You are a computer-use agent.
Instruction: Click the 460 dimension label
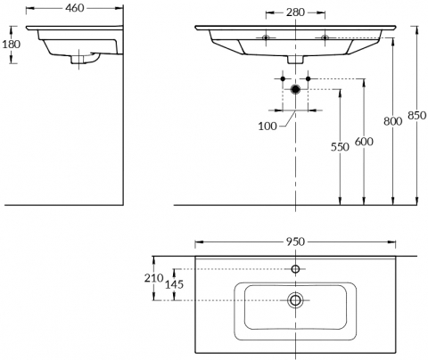[x=75, y=8]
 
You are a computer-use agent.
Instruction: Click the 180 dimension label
[x=12, y=45]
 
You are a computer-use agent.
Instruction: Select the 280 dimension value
[x=295, y=12]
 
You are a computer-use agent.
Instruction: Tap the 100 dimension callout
[x=267, y=127]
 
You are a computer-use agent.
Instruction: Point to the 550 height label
[x=340, y=147]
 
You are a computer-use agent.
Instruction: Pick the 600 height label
[x=364, y=142]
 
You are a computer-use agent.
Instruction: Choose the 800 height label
[x=392, y=121]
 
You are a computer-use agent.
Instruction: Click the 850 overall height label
[x=417, y=115]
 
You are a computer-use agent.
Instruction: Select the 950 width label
[x=295, y=242]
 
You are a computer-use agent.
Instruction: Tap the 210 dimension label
[x=154, y=278]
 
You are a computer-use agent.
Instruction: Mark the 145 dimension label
[x=174, y=284]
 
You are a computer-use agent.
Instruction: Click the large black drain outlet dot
[x=295, y=89]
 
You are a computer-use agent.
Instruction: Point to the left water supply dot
[x=283, y=78]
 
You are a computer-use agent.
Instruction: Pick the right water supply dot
[x=308, y=78]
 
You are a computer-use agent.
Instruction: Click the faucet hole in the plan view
[x=295, y=269]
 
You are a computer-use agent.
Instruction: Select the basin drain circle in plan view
[x=295, y=300]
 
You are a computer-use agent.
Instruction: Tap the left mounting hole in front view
[x=266, y=37]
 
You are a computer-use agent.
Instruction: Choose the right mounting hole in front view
[x=325, y=37]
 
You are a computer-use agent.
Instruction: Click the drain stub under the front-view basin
[x=295, y=60]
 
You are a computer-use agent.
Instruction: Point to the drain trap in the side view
[x=86, y=58]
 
